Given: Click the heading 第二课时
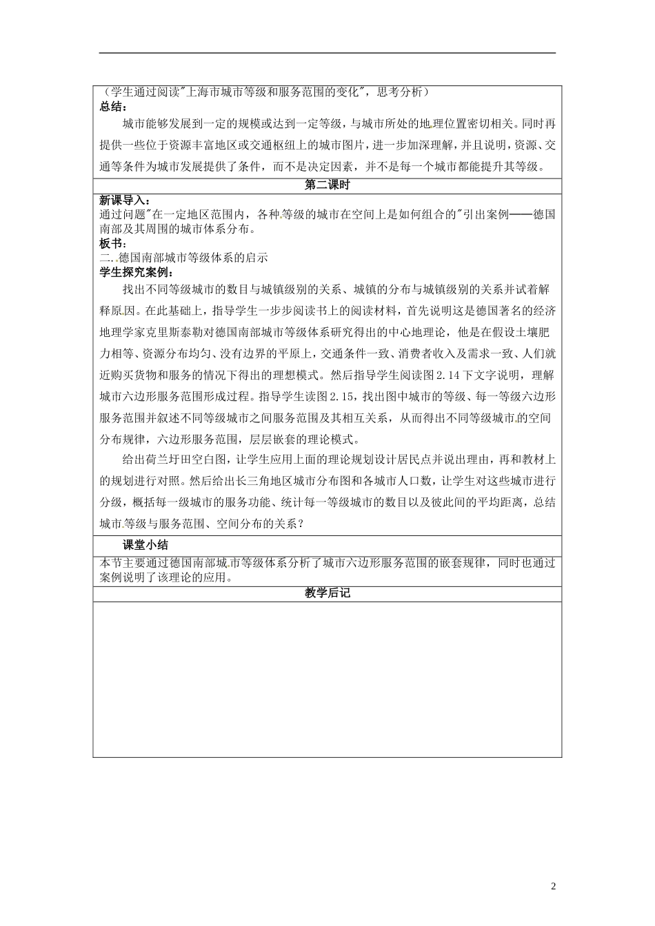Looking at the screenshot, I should point(327,185).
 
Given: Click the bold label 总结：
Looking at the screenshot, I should point(113,105).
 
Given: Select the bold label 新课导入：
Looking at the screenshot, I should point(123,200).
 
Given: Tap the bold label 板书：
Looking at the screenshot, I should point(113,243).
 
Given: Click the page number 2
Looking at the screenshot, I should point(553,885).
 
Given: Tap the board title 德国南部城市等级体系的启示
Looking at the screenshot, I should point(194,258).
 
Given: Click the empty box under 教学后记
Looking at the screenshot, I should point(327,679).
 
